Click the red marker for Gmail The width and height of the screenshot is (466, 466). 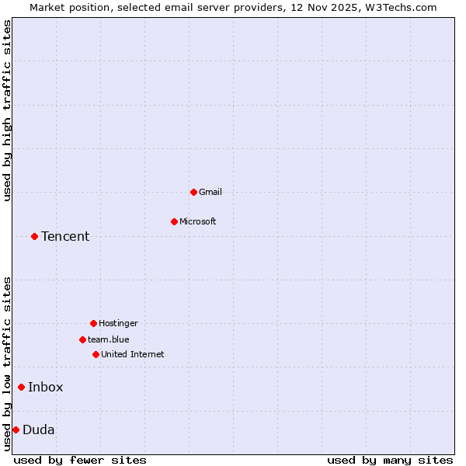click(193, 192)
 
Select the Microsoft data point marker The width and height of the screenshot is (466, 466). click(174, 221)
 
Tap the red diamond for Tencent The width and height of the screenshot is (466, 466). click(34, 236)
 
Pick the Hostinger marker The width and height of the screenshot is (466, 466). click(93, 323)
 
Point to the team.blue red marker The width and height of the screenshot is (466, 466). click(82, 339)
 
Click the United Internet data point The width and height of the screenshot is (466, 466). click(96, 354)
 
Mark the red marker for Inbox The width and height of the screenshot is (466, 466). click(21, 387)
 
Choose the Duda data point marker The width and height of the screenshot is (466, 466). click(16, 429)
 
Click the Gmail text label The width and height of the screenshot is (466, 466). click(210, 192)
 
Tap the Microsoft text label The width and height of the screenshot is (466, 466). click(198, 221)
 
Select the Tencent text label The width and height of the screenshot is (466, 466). click(65, 236)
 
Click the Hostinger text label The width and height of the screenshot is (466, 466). click(118, 323)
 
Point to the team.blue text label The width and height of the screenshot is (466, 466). click(109, 339)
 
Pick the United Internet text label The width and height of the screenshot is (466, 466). click(133, 354)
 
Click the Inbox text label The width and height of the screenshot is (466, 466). click(46, 387)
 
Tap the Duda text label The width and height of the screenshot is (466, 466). click(39, 429)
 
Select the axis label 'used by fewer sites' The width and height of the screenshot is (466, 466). click(80, 460)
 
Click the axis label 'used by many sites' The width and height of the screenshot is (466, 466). click(390, 460)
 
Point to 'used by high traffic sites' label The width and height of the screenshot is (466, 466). click(8, 110)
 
